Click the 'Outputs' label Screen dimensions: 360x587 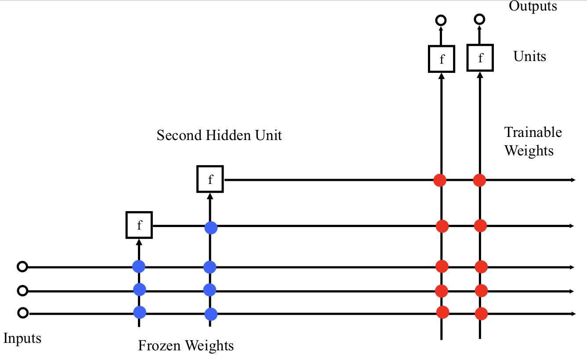[x=533, y=6]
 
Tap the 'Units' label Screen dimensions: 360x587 [x=529, y=56]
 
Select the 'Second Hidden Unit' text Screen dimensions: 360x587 [x=219, y=135]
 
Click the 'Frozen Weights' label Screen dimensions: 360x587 [x=186, y=346]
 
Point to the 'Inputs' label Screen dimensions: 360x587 [x=22, y=338]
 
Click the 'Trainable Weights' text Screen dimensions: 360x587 [x=533, y=141]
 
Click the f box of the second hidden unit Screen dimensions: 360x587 [x=210, y=179]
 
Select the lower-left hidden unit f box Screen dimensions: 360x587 [x=139, y=225]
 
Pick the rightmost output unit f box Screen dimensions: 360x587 [x=480, y=58]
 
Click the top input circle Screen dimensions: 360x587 [x=22, y=266]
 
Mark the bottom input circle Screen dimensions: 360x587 [x=23, y=313]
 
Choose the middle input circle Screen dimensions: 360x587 [x=22, y=290]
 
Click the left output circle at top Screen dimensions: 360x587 [x=441, y=20]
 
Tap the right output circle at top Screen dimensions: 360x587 [x=480, y=19]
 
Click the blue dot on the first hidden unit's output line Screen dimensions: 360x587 [x=211, y=227]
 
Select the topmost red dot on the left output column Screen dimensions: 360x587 [x=440, y=180]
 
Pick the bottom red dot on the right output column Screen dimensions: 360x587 [x=481, y=314]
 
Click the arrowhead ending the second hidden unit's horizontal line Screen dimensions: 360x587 [x=573, y=180]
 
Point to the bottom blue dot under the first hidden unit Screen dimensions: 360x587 [x=139, y=312]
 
